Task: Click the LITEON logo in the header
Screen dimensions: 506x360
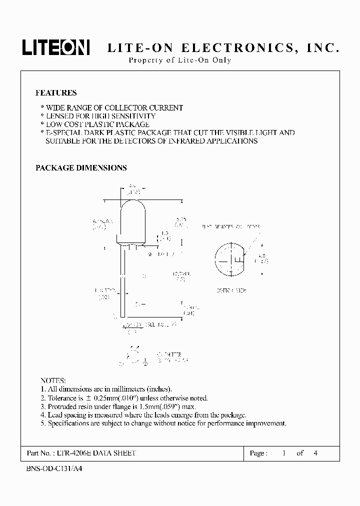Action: [55, 48]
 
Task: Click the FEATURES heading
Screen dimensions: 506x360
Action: [56, 93]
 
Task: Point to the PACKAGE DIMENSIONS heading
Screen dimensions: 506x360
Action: [81, 168]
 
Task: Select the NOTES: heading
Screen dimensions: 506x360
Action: [52, 380]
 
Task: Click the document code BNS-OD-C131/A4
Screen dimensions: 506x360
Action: [53, 470]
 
